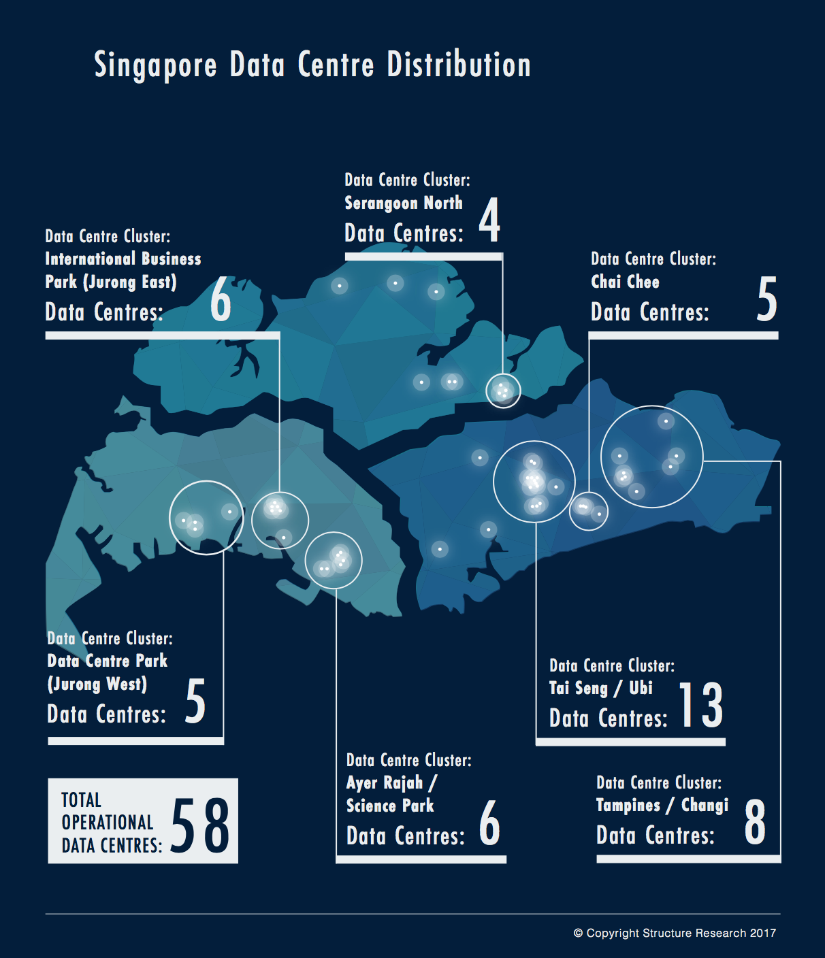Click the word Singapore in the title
(155, 66)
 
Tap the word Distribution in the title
(459, 65)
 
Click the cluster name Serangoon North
(404, 203)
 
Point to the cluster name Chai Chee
(625, 282)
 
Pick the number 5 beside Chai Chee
(766, 299)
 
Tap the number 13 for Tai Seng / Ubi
(701, 705)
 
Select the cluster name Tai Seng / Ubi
(601, 688)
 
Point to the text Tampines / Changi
(662, 806)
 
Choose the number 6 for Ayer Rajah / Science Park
(489, 823)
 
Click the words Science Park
(390, 806)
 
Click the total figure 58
(200, 825)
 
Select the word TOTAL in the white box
(81, 800)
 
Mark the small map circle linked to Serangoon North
(503, 391)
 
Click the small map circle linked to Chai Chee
(588, 510)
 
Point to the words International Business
(123, 259)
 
